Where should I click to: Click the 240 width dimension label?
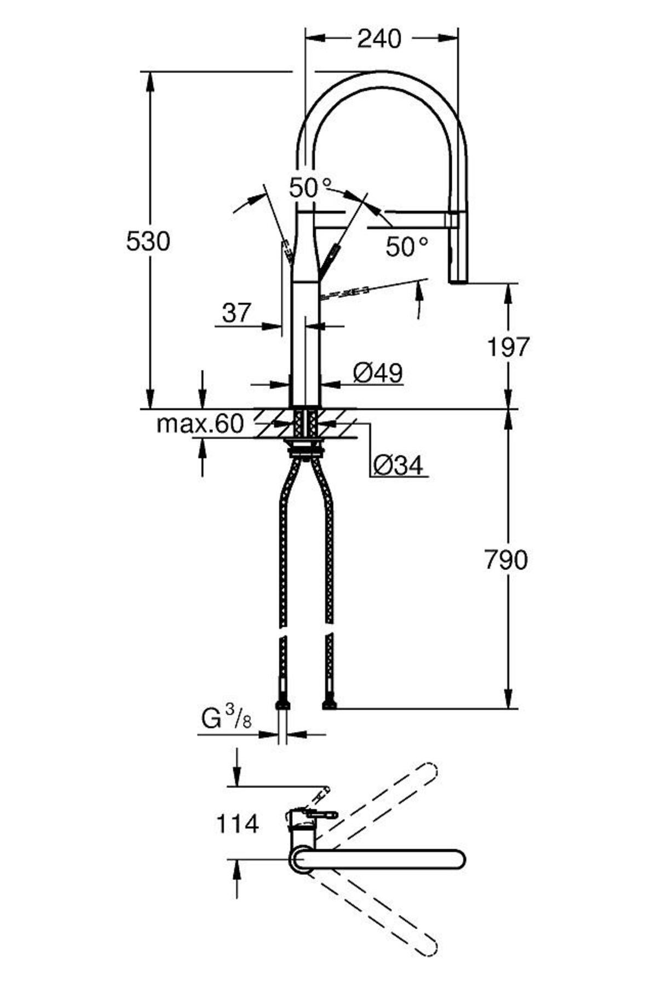coord(379,39)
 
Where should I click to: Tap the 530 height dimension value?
coord(148,241)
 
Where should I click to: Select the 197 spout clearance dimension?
coord(509,347)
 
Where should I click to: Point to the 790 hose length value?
coord(505,560)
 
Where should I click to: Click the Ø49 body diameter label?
coord(378,374)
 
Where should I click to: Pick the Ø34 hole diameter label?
coord(399,466)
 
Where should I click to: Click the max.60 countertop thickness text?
coord(199,424)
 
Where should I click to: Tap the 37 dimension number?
coord(236,314)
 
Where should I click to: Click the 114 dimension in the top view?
coord(238,824)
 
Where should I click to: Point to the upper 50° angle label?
coord(311,188)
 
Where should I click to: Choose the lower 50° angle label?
coord(407,247)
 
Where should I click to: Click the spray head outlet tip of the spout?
coord(458,280)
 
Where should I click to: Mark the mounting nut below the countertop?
coord(305,450)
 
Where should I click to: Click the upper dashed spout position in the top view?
coord(383,799)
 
